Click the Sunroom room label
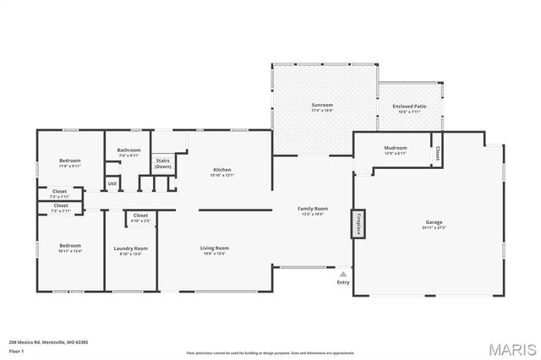point(322,104)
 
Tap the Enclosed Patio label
point(409,106)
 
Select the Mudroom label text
point(396,148)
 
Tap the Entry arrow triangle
point(343,274)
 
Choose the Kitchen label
point(221,170)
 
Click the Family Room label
point(312,208)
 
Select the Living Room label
point(215,248)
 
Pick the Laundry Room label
point(131,248)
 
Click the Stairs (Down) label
point(162,164)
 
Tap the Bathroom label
point(128,150)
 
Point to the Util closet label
point(112,183)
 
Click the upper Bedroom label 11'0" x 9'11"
point(70,161)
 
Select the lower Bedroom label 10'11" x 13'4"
point(70,245)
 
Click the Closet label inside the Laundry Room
point(140,215)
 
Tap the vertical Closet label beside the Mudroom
point(437,155)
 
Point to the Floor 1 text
point(17,350)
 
